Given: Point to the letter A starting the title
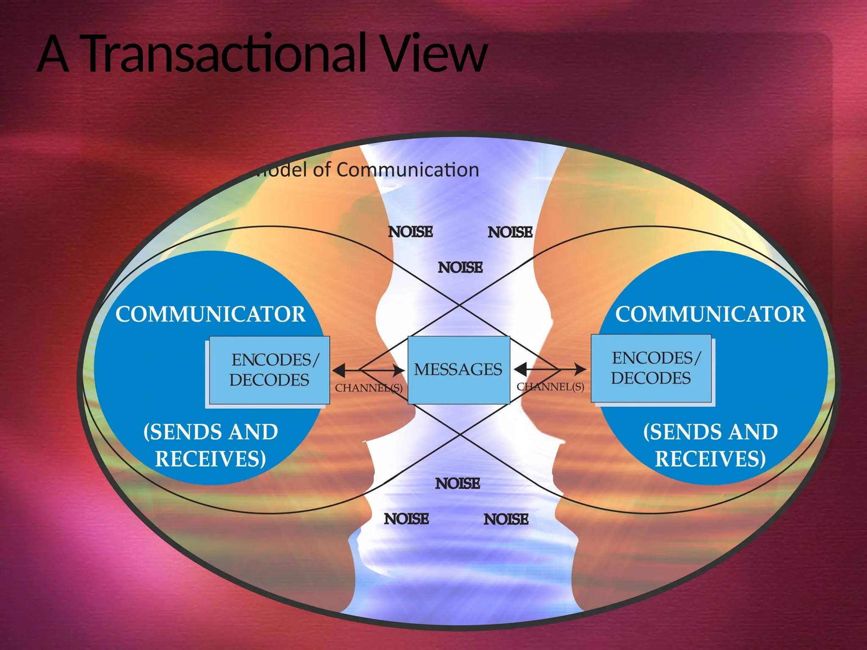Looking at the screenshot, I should point(53,55).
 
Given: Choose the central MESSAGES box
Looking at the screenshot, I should point(458,370).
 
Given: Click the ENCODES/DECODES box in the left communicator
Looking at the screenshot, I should point(270,370).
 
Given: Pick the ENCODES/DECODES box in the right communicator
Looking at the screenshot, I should point(651,368).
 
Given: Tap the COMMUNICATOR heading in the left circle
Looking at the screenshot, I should point(210,314).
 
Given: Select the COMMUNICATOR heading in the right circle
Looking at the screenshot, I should point(710,314).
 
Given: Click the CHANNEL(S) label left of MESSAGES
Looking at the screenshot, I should point(368,388).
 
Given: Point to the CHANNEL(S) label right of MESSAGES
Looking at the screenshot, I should point(550,387).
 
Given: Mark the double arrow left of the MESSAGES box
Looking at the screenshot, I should point(368,371).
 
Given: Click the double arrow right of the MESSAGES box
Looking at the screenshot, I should point(550,369).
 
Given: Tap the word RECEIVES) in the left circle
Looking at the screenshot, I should point(210,459).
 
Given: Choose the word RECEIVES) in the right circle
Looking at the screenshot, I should point(710,459).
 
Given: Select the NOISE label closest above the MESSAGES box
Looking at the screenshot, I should point(460,267).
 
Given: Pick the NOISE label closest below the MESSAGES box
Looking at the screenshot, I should point(458,483).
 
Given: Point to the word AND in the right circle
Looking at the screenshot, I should point(753,432).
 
